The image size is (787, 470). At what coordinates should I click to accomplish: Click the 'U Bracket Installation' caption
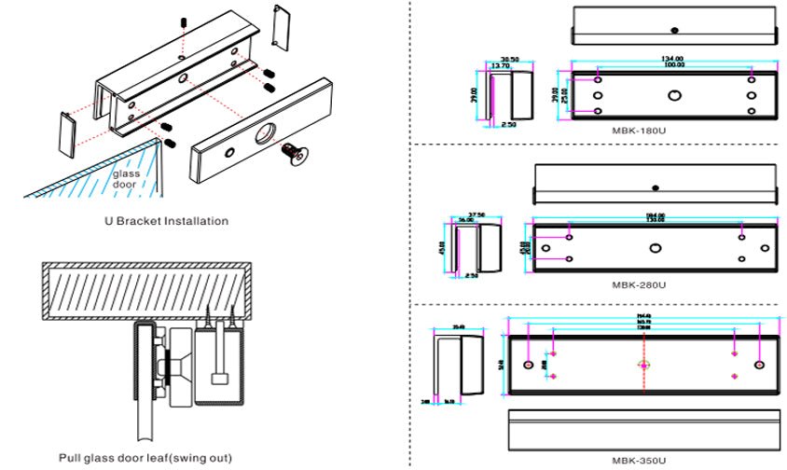pyautogui.click(x=166, y=221)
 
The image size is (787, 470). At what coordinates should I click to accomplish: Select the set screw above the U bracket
pyautogui.click(x=185, y=21)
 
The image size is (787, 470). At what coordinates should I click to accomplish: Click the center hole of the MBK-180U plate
pyautogui.click(x=674, y=94)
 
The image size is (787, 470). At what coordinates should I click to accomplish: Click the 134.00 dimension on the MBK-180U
pyautogui.click(x=673, y=59)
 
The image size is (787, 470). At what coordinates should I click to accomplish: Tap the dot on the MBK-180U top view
pyautogui.click(x=673, y=28)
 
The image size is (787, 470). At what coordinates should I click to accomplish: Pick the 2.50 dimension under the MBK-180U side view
pyautogui.click(x=508, y=124)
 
